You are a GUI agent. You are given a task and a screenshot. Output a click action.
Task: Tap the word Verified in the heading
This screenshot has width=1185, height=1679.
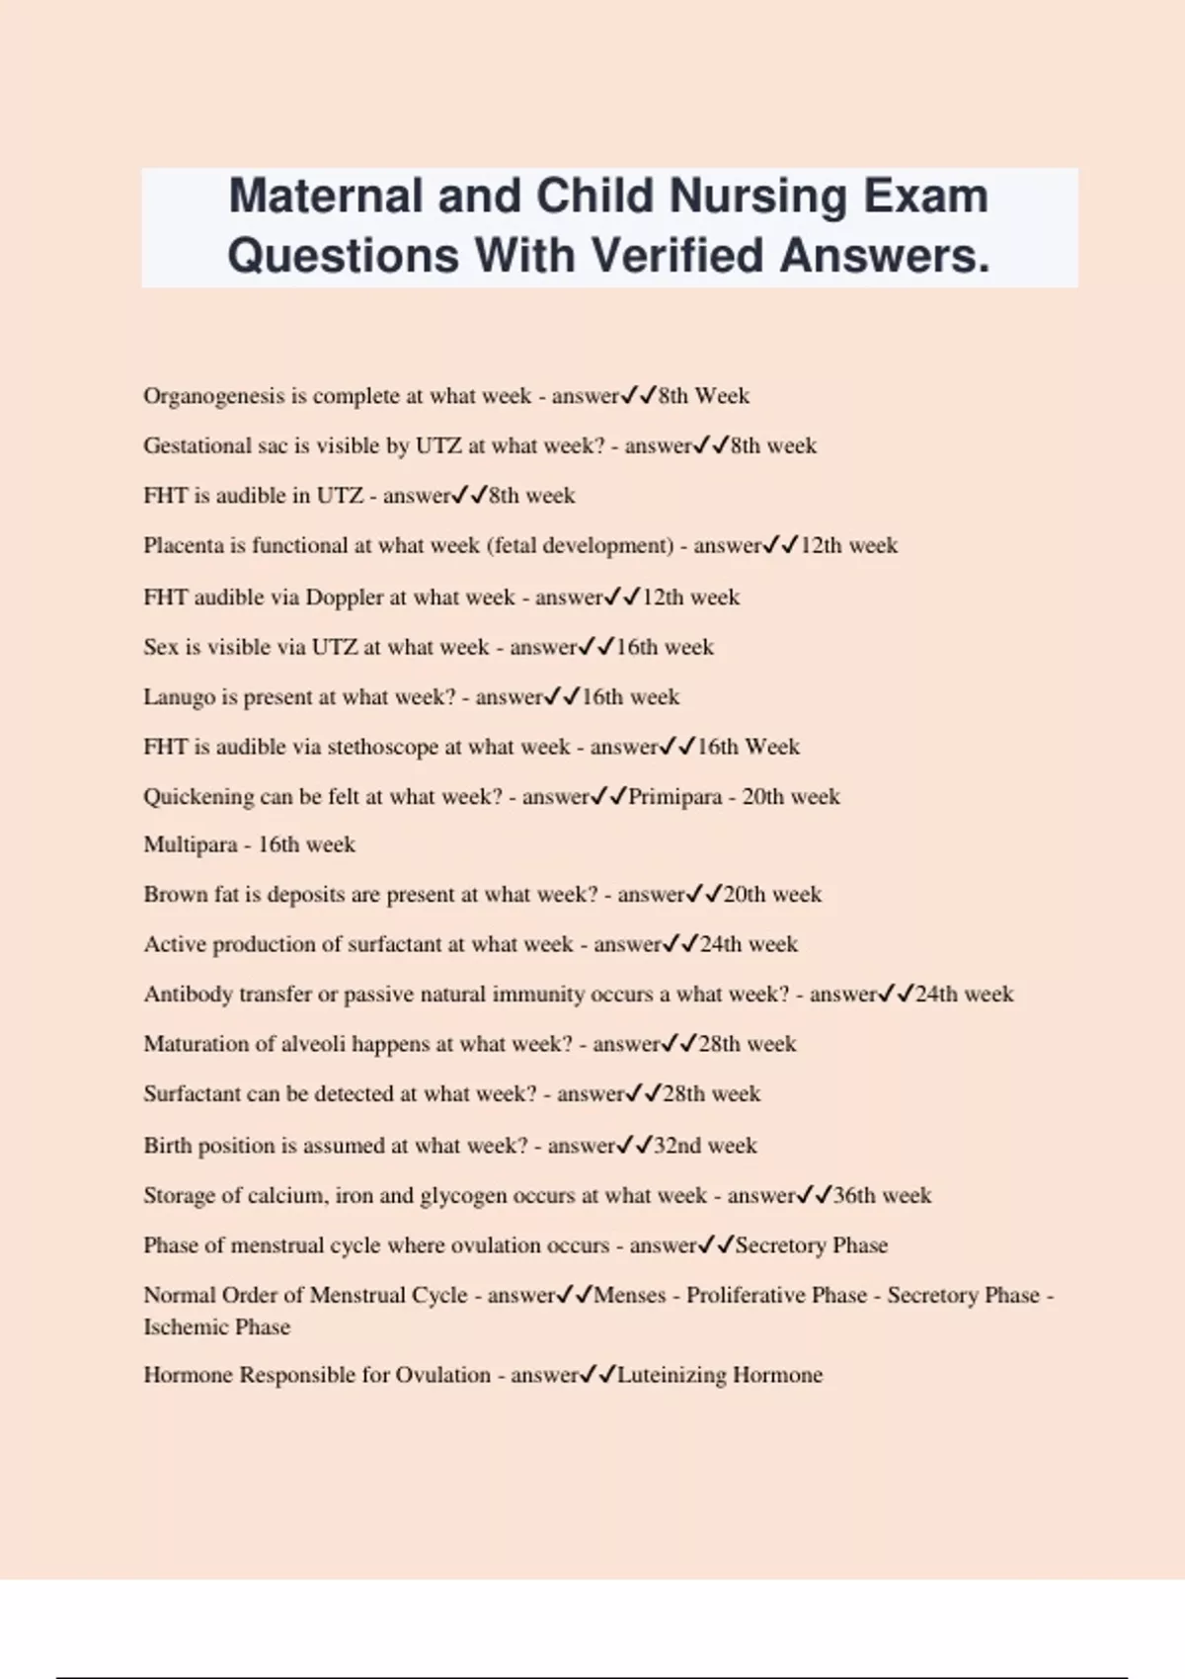(679, 255)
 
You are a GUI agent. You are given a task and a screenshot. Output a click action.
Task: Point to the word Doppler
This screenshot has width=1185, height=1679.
(344, 598)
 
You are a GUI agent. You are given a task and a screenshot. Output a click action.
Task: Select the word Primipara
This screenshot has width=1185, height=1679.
(674, 797)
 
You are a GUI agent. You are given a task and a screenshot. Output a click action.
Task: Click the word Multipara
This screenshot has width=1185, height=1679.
(191, 844)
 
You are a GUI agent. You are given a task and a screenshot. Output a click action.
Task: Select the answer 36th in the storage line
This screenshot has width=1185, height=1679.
(854, 1195)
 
